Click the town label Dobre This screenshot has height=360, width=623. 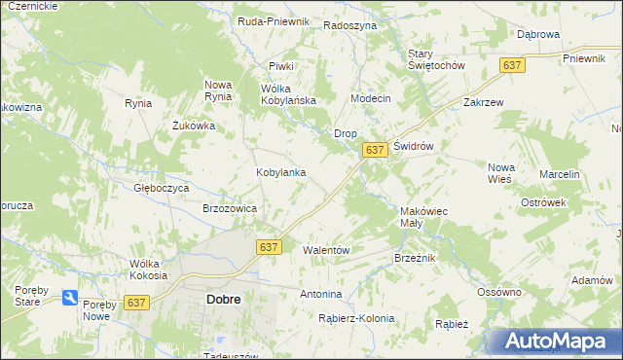point(224,300)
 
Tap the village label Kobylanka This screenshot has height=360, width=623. point(281,172)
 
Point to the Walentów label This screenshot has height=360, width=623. point(326,250)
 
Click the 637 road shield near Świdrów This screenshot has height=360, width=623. point(376,150)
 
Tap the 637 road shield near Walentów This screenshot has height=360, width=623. point(270,247)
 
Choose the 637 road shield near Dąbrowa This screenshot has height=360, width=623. point(513,64)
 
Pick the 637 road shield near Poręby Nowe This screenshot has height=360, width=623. point(138,303)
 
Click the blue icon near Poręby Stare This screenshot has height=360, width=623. point(70,298)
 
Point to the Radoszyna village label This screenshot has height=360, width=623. point(349,26)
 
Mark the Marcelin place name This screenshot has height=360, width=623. point(561,174)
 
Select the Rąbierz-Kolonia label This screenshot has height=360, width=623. point(356,318)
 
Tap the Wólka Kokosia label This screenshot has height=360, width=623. point(150,270)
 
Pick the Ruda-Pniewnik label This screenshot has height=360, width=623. point(274,20)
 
